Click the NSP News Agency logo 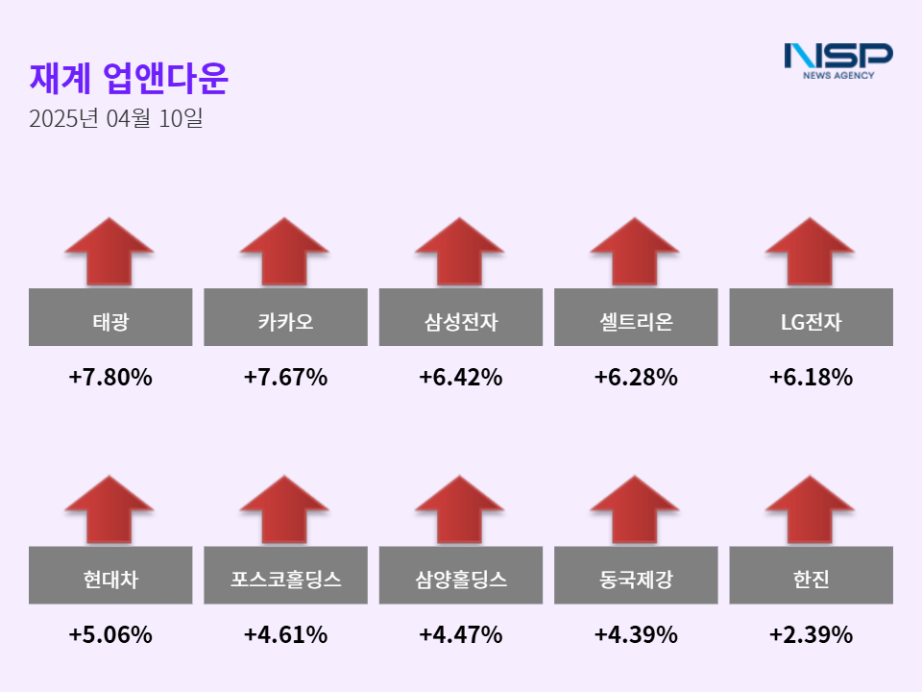tap(837, 60)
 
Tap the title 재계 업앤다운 tap(129, 79)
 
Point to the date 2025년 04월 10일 tap(115, 119)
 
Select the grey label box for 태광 tap(110, 317)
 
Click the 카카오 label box tap(285, 317)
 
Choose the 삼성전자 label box tap(461, 317)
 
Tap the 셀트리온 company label tap(636, 317)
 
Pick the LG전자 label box tap(811, 317)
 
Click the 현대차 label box tap(110, 576)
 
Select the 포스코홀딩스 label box tap(285, 576)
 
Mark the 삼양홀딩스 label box tap(461, 576)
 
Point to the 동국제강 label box tap(636, 576)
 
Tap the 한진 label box tap(811, 576)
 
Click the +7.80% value tap(110, 378)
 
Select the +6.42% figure tap(461, 378)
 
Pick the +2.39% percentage tap(811, 635)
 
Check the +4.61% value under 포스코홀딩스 tap(285, 635)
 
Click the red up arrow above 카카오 tap(285, 252)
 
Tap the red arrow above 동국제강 tap(636, 510)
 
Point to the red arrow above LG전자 tap(811, 252)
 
